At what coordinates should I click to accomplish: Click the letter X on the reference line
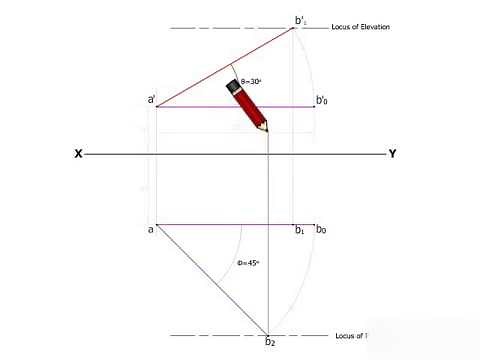[x=77, y=154]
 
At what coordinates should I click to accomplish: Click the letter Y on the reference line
[x=392, y=154]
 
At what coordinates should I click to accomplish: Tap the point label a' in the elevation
[x=151, y=100]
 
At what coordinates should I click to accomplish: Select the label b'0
[x=323, y=100]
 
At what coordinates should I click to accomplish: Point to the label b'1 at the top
[x=301, y=19]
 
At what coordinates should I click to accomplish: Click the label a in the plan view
[x=150, y=229]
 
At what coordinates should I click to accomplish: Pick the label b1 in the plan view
[x=299, y=231]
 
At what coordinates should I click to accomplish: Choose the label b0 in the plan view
[x=321, y=230]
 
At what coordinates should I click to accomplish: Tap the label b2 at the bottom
[x=269, y=343]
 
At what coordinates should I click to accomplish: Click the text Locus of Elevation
[x=360, y=27]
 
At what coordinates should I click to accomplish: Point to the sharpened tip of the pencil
[x=266, y=131]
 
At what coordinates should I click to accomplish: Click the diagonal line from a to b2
[x=210, y=279]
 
